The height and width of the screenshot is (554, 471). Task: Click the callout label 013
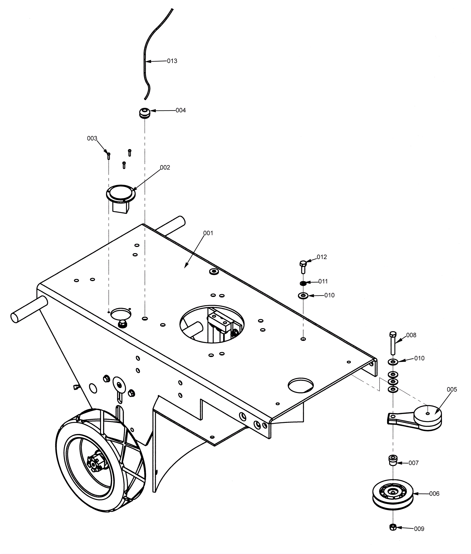pos(172,61)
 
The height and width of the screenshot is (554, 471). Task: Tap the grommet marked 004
pos(144,113)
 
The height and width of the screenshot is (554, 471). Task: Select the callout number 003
pos(92,138)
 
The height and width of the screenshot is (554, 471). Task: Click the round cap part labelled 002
pos(121,193)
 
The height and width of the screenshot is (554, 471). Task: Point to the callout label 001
pos(208,233)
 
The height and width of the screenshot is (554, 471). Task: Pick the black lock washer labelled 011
pos(303,283)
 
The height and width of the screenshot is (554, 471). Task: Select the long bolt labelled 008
pos(393,343)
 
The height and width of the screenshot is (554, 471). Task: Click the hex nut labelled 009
pos(392,527)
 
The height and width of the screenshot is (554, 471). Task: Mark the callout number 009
pos(419,529)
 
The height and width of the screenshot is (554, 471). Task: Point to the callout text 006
pos(434,494)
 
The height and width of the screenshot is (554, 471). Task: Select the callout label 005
pos(452,390)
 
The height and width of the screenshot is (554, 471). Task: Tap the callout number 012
pos(322,257)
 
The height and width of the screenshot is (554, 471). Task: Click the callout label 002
pos(165,167)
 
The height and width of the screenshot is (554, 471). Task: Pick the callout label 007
pos(413,463)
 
